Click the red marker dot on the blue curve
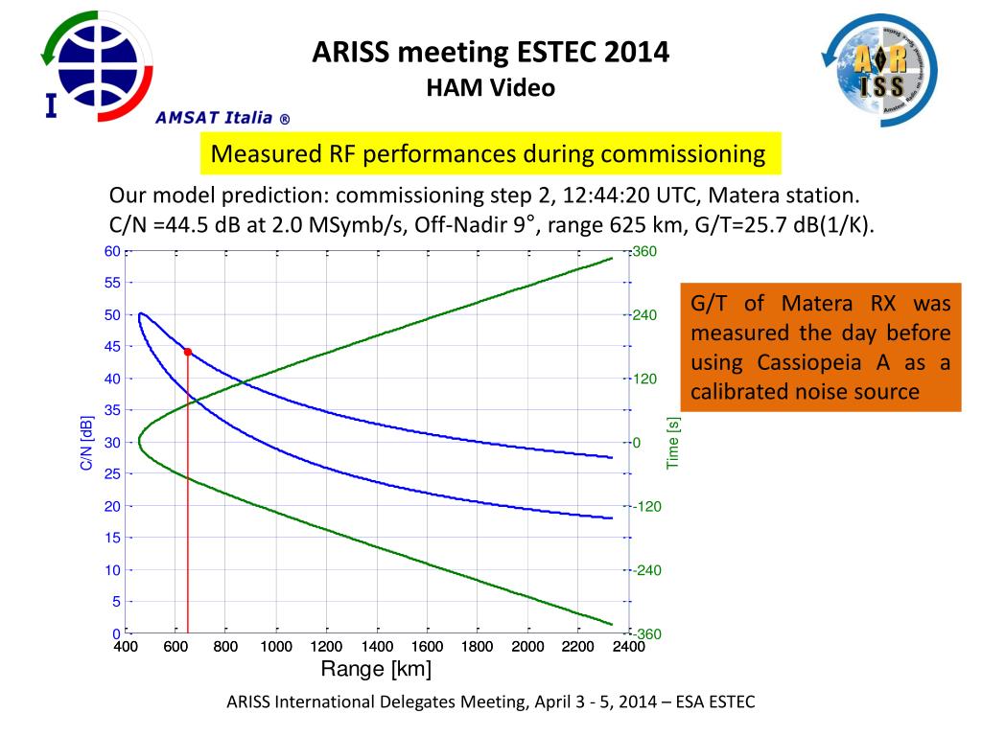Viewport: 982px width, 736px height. [x=188, y=352]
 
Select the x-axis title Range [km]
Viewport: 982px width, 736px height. [x=376, y=669]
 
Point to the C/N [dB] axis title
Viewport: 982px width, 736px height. [x=86, y=443]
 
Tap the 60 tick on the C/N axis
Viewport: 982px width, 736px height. [x=112, y=251]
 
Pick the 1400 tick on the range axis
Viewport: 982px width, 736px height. [x=377, y=647]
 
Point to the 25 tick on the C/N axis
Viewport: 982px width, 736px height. [x=112, y=474]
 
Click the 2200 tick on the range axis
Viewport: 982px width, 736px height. [x=578, y=647]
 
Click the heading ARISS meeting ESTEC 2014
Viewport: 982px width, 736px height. [x=490, y=52]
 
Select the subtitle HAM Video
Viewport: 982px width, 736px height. [x=490, y=88]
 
